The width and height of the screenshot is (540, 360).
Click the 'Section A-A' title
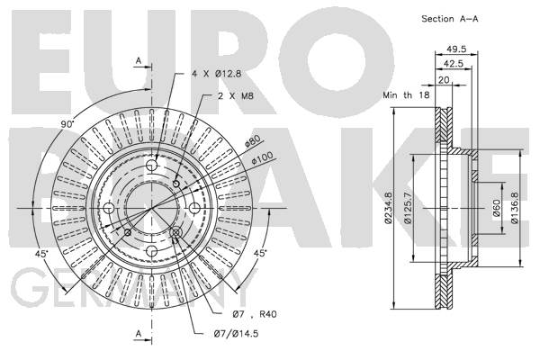coord(450,19)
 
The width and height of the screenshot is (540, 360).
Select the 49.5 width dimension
coord(456,49)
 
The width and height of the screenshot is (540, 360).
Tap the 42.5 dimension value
coord(454,64)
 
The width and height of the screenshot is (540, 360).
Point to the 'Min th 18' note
coord(407,94)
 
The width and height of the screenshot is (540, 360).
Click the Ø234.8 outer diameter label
coord(388,208)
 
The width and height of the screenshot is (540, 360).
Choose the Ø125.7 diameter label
coord(408,208)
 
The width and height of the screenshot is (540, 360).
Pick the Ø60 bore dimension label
coord(496,208)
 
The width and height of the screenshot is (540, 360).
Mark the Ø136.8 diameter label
coord(515,208)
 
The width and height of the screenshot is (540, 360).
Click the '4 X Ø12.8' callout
coord(216,74)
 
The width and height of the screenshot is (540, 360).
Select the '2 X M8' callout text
coord(236,95)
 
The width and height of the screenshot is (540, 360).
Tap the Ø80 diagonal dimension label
coord(253,140)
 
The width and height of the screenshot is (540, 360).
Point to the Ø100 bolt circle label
coord(263,157)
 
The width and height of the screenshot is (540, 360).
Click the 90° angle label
coord(67,124)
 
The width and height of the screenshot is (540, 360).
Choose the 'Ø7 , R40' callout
coord(255,314)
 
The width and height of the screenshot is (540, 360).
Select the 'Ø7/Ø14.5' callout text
coord(236,334)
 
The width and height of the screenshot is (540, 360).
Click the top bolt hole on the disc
coord(151,166)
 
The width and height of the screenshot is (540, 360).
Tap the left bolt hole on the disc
coord(109,208)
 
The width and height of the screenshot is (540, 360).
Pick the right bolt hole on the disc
coord(194,208)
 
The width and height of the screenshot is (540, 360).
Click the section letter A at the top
coord(139,61)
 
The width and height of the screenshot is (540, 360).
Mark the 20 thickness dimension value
coord(444,80)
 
